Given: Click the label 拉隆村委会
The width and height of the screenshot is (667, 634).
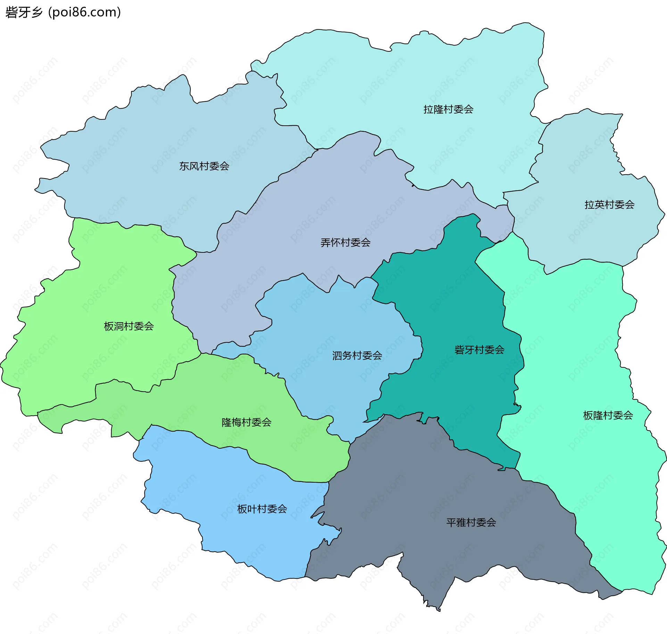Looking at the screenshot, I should click(x=448, y=109).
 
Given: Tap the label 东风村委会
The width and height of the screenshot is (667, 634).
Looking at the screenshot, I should click(x=204, y=166).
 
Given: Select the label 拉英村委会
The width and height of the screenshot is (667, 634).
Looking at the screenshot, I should click(x=609, y=205).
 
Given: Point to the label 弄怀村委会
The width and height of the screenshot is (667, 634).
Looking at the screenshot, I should click(x=345, y=243).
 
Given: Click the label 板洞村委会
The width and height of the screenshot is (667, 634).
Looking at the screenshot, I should click(x=129, y=326).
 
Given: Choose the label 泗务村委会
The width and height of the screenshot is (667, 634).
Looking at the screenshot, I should click(x=357, y=356).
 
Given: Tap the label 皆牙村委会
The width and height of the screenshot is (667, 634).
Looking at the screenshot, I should click(x=479, y=350).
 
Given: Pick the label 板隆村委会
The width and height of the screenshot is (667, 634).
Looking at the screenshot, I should click(x=608, y=415).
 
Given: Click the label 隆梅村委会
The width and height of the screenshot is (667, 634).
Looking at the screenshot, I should click(x=246, y=423).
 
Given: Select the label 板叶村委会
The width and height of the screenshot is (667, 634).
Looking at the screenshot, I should click(x=262, y=509).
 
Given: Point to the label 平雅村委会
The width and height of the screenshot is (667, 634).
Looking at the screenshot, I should click(x=471, y=523).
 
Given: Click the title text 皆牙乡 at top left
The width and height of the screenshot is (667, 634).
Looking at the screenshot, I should click(x=24, y=12).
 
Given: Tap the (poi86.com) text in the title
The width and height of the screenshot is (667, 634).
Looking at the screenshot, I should click(x=85, y=12).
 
